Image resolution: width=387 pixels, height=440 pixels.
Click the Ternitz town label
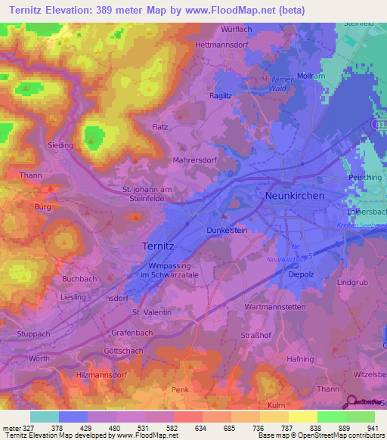(x=161, y=246)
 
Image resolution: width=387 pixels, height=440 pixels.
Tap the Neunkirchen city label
(x=295, y=195)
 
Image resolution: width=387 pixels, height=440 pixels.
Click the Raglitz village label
(x=221, y=97)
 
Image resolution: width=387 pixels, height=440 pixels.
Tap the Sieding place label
(x=61, y=144)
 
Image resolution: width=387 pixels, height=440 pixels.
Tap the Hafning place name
(x=301, y=359)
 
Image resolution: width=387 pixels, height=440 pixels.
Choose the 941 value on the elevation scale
(x=373, y=427)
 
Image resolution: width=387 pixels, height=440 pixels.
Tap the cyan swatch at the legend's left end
(x=44, y=417)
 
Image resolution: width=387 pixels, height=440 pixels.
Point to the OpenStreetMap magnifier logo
(x=352, y=402)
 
